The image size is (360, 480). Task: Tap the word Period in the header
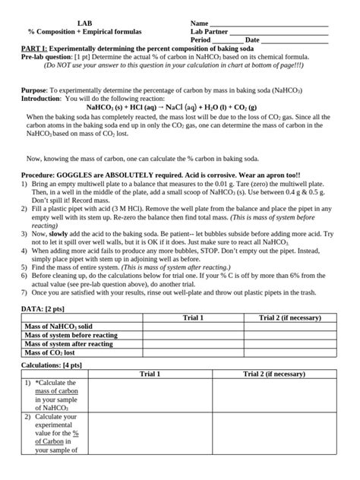201,40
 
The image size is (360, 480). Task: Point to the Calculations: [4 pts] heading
58,365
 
